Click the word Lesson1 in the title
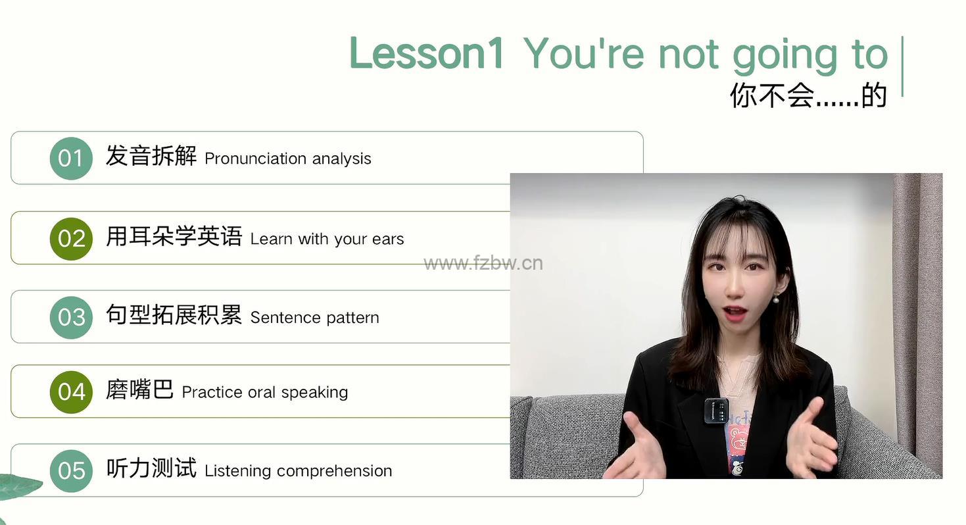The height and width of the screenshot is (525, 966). point(426,53)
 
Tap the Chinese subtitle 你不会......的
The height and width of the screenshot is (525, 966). point(809,95)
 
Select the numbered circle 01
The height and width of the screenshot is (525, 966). point(71,159)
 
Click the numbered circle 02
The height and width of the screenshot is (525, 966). point(71,239)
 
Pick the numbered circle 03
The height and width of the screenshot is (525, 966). point(71,317)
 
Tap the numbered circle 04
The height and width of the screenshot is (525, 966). point(71,392)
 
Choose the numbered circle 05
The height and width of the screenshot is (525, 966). point(71,470)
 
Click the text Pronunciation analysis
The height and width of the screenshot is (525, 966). point(287,159)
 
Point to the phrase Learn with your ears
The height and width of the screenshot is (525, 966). point(327,239)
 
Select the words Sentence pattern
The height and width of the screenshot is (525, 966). point(314,318)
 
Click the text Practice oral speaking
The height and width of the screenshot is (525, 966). point(265,392)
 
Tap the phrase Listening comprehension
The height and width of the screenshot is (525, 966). point(299,470)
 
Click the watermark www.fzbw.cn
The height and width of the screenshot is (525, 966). point(483,263)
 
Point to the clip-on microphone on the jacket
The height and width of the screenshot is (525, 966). point(716,411)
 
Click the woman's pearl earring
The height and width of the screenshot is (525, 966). point(776,299)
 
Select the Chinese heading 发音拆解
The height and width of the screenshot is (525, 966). point(151,156)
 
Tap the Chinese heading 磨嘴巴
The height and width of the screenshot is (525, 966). point(139,389)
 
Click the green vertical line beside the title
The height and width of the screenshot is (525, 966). point(902,66)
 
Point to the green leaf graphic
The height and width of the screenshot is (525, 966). point(20,487)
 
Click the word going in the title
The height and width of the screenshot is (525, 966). point(785,56)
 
